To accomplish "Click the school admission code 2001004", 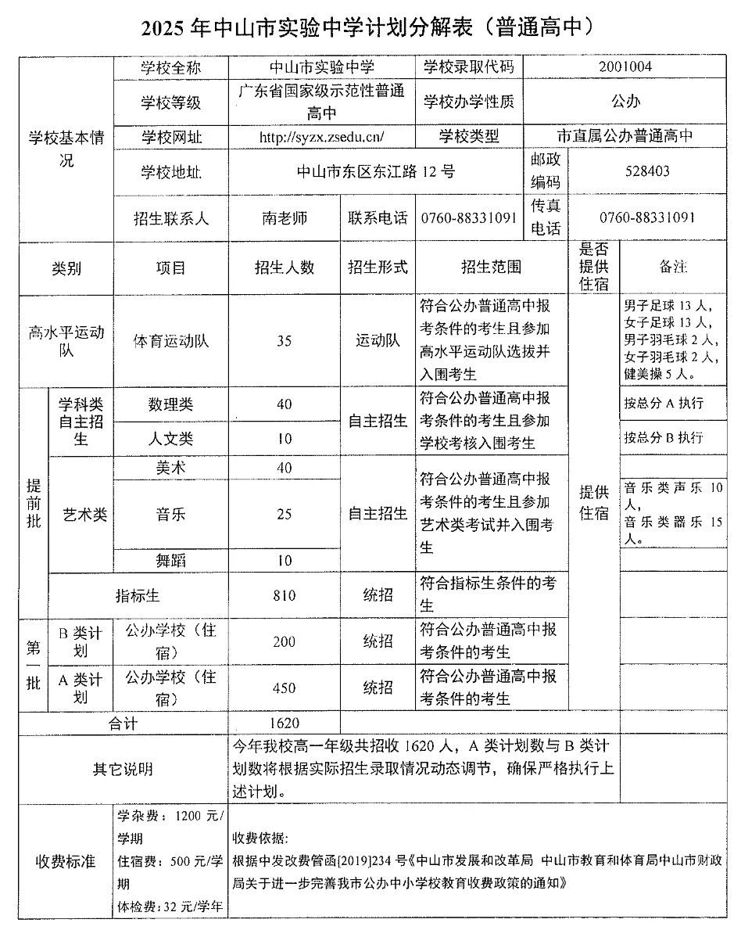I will pyautogui.click(x=625, y=67).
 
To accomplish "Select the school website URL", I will pyautogui.click(x=322, y=137).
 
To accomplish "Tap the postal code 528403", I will pyautogui.click(x=647, y=171).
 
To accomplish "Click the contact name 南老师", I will pyautogui.click(x=285, y=218).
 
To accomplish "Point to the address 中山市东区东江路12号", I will pyautogui.click(x=377, y=171).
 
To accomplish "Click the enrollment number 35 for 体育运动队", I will pyautogui.click(x=285, y=341).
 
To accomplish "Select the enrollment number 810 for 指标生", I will pyautogui.click(x=285, y=595).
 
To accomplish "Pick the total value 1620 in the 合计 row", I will pyautogui.click(x=285, y=724).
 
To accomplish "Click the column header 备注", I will pyautogui.click(x=673, y=268).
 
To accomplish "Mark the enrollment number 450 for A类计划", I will pyautogui.click(x=285, y=688).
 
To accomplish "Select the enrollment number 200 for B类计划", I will pyautogui.click(x=285, y=641).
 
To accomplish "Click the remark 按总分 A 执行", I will pyautogui.click(x=664, y=404).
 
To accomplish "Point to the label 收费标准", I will pyautogui.click(x=66, y=861).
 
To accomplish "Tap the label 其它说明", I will pyautogui.click(x=123, y=769).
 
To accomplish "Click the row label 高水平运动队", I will pyautogui.click(x=66, y=341).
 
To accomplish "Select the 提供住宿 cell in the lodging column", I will pyautogui.click(x=593, y=503).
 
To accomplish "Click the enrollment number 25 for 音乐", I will pyautogui.click(x=285, y=514).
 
